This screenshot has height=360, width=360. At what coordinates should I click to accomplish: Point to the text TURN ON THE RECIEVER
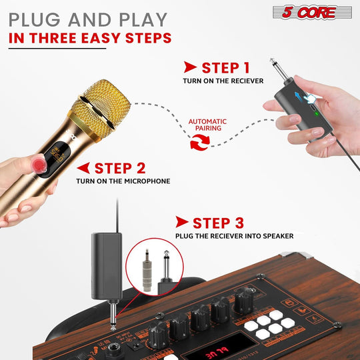223,81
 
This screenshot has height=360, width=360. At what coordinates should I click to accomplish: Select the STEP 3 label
211,223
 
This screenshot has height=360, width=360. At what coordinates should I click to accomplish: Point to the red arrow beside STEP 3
181,223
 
